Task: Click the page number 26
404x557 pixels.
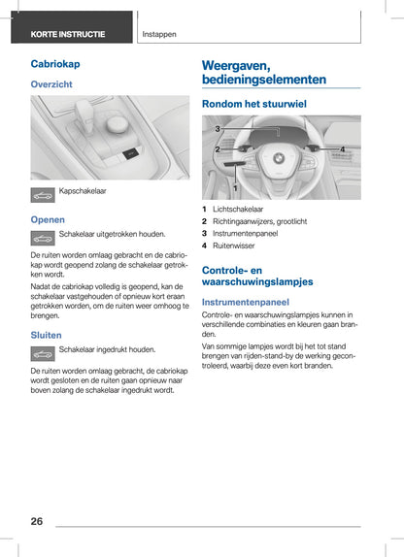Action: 37,521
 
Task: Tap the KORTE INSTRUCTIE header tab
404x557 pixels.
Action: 72,27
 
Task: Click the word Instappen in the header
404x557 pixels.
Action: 159,35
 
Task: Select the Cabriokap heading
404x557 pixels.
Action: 55,64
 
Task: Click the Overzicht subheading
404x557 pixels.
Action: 51,84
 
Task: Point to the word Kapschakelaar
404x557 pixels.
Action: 83,191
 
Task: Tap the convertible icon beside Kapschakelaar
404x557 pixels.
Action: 43,195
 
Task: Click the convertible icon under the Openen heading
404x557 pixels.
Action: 43,238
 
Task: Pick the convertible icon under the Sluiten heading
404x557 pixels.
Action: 43,353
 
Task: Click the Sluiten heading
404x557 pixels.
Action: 46,335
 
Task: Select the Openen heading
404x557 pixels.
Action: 48,219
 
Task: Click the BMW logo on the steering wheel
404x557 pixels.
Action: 279,158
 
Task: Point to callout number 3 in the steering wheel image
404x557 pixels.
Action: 218,129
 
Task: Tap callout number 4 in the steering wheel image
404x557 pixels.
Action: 343,149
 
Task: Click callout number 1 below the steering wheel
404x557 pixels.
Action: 235,188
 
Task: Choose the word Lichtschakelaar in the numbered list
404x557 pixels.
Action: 238,210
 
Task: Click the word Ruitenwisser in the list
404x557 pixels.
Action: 234,246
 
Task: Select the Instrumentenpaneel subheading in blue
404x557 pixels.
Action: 246,302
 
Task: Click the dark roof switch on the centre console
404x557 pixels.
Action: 130,153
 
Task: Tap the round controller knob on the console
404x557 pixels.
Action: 118,124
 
